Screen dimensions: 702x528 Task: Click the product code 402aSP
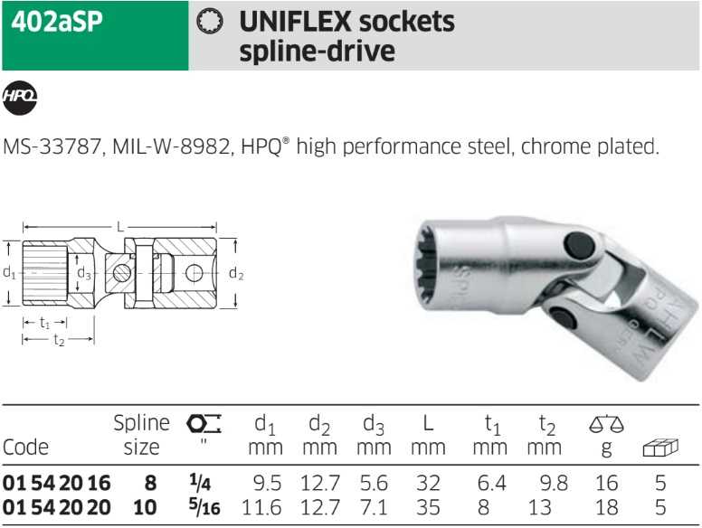pyautogui.click(x=57, y=22)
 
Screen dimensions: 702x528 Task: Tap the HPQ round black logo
pyautogui.click(x=20, y=97)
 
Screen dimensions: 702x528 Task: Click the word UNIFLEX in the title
pyautogui.click(x=295, y=22)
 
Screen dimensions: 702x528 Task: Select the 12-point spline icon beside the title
pyautogui.click(x=210, y=22)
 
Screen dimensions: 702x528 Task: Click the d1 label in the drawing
pyautogui.click(x=9, y=272)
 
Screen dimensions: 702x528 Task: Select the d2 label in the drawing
pyautogui.click(x=236, y=273)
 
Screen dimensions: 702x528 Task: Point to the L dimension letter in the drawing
pyautogui.click(x=119, y=227)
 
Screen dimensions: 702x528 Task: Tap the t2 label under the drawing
pyautogui.click(x=59, y=340)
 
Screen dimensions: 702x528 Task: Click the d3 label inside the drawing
pyautogui.click(x=84, y=272)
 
